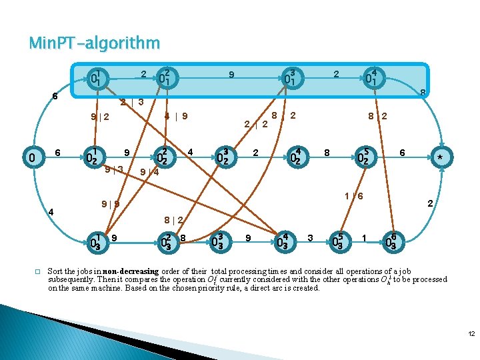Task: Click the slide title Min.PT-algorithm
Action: (x=94, y=44)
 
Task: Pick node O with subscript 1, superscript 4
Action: (x=373, y=79)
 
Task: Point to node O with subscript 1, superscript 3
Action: (x=289, y=79)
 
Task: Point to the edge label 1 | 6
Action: (x=353, y=196)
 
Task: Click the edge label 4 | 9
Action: (x=176, y=116)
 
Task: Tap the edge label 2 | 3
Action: (x=132, y=103)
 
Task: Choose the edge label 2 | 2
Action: (x=256, y=123)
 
